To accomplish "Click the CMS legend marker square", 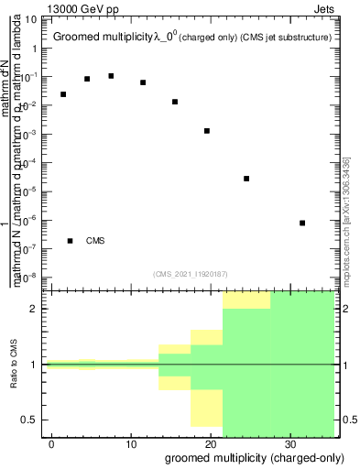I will pyautogui.click(x=71, y=241).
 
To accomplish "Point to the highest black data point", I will pyautogui.click(x=111, y=76).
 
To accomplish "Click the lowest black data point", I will pyautogui.click(x=302, y=223).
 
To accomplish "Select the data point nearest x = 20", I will pyautogui.click(x=207, y=131).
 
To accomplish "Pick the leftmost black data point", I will pyautogui.click(x=63, y=94).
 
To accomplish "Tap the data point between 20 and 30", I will pyautogui.click(x=246, y=179).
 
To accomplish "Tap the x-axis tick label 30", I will pyautogui.click(x=289, y=443).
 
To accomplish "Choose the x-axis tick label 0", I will pyautogui.click(x=52, y=443).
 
